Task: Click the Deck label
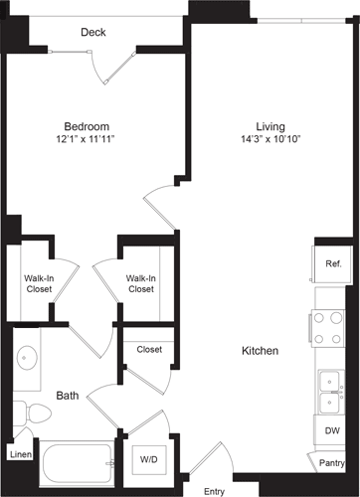(x=93, y=33)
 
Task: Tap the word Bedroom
(x=88, y=126)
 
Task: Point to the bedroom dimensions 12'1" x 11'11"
(x=88, y=139)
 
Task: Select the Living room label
(x=270, y=126)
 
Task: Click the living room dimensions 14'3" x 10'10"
(x=270, y=139)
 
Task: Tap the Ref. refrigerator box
(x=333, y=263)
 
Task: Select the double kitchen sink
(x=330, y=392)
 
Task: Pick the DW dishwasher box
(x=332, y=430)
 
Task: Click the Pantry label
(x=332, y=462)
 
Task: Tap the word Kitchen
(x=259, y=351)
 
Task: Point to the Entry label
(x=214, y=491)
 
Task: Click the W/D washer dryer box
(x=148, y=459)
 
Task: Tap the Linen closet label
(x=20, y=454)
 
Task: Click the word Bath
(x=68, y=396)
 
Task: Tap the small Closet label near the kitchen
(x=149, y=349)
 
